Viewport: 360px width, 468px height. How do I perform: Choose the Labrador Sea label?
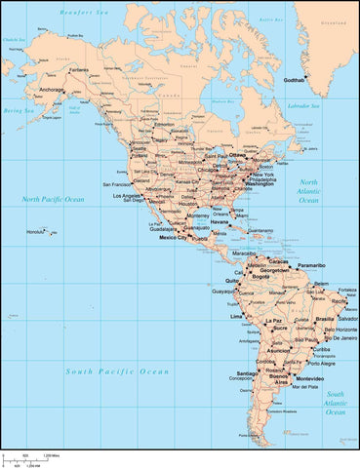pyautogui.click(x=293, y=104)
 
